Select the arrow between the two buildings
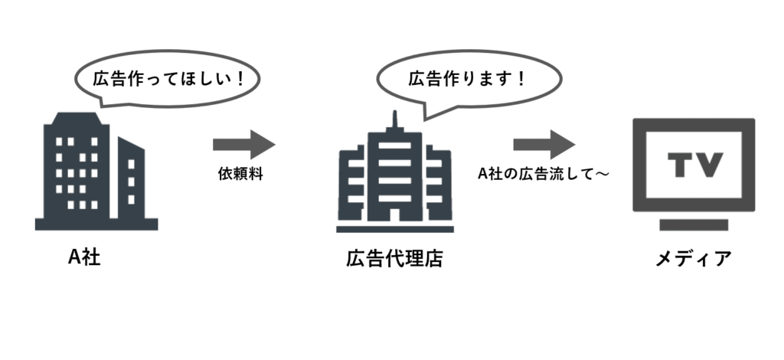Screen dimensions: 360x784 [243, 142]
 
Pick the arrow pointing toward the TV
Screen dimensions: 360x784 [544, 143]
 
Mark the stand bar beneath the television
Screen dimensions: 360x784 [694, 225]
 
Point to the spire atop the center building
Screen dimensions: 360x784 [395, 120]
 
